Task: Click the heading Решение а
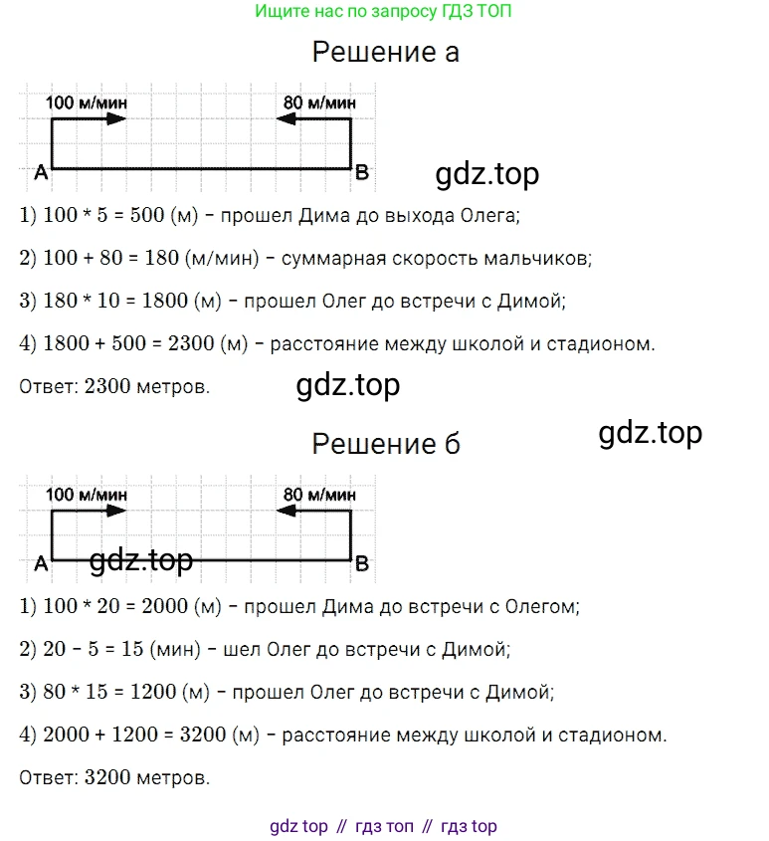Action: coord(385,52)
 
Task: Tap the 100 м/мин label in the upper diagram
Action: coord(87,102)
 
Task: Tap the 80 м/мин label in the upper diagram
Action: coord(319,102)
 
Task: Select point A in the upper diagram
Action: coord(41,173)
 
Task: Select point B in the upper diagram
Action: coord(362,173)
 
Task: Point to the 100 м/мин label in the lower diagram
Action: coord(87,494)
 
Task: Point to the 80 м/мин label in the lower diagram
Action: coord(319,494)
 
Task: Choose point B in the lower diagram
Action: coord(362,564)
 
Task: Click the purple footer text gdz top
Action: coord(298,826)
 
